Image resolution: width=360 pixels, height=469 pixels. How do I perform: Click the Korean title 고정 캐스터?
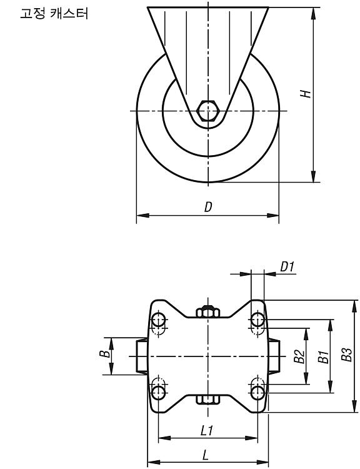pos(54,14)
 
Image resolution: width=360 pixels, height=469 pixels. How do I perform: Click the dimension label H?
pos(306,94)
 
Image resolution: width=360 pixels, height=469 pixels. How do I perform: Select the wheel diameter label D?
pos(208,207)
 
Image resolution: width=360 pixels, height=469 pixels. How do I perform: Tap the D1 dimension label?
pos(287,266)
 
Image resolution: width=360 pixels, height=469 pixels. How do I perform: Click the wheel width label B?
pos(104,354)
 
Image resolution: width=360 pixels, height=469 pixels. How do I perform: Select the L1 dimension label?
pos(206,431)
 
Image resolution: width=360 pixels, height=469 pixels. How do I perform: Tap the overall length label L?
pos(205,455)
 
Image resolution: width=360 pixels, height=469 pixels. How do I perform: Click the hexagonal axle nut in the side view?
pos(208,111)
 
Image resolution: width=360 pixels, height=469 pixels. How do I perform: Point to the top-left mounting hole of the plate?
pos(159,320)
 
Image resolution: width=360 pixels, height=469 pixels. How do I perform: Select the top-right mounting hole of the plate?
pos(257,320)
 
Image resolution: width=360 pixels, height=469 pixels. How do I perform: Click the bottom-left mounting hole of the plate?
pos(159,393)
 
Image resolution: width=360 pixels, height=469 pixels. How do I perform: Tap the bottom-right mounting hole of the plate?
pos(257,393)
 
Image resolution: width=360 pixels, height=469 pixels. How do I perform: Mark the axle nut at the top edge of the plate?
pos(208,311)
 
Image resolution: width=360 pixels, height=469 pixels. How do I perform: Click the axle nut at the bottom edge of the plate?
pos(208,400)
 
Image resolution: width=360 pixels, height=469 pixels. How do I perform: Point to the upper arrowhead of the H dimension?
pos(313,14)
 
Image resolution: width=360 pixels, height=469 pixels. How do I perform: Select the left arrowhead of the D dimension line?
pos(142,215)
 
